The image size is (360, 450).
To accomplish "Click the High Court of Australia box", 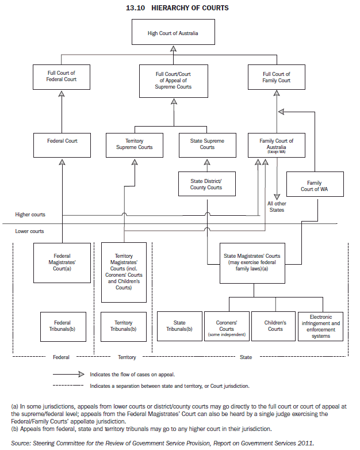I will point(173,33).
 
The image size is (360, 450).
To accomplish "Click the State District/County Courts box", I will point(206,184).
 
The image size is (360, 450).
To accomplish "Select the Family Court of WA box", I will point(314,186).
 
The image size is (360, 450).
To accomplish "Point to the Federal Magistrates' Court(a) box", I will point(62,262).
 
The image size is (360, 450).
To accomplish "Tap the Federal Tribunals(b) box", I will point(62,326).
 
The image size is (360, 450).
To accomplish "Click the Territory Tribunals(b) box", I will point(123,326).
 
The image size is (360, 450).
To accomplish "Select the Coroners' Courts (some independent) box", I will point(226,326).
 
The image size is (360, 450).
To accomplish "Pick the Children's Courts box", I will point(275,326).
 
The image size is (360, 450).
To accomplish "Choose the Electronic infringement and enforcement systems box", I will point(320,326).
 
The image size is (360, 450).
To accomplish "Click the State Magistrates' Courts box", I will point(251,262).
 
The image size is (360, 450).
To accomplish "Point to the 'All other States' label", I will point(277,207).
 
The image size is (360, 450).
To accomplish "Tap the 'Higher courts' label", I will point(30,215).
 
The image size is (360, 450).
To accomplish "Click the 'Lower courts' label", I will point(29,231).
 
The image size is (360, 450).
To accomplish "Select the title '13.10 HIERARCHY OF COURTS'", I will point(177,8).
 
